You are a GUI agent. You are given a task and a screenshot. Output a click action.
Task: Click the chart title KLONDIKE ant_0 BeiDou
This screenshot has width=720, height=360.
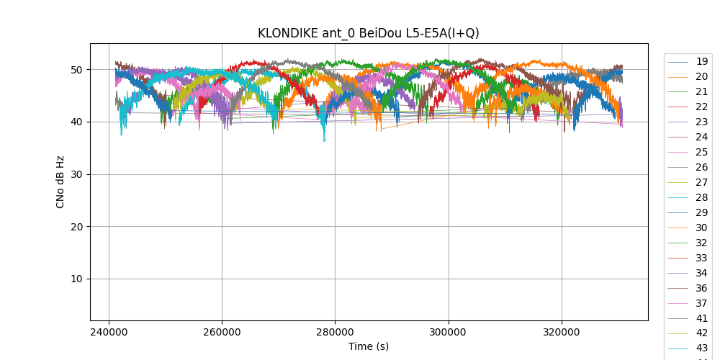tap(369, 33)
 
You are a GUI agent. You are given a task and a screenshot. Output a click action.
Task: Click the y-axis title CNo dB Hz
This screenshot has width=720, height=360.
tap(60, 182)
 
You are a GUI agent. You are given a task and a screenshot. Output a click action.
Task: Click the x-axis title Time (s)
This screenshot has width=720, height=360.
tap(369, 346)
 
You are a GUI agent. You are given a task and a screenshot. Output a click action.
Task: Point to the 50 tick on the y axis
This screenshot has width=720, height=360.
tap(77, 70)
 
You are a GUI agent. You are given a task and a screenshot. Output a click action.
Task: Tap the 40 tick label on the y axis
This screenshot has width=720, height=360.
tap(77, 122)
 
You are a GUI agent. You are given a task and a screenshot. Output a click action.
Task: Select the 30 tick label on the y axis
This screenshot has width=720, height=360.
tap(77, 174)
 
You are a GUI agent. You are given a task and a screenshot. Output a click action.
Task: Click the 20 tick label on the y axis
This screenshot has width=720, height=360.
tap(77, 227)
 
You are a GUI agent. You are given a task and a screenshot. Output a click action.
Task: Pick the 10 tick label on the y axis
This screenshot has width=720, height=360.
tap(77, 279)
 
